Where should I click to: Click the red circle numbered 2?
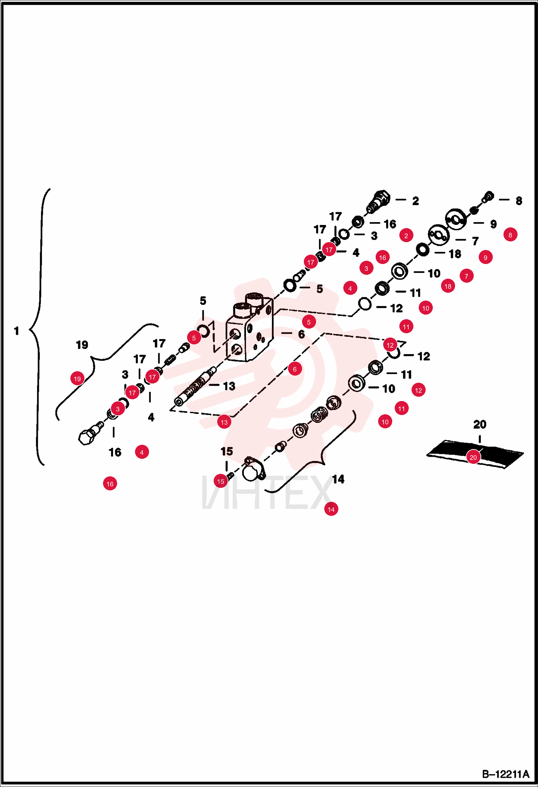coord(406,235)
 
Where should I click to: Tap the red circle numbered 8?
coord(510,235)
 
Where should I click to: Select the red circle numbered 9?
coord(486,257)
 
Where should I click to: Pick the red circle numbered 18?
coord(448,286)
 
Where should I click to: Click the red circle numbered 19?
coord(77,378)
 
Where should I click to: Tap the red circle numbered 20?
coord(473,457)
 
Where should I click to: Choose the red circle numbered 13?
coord(224,422)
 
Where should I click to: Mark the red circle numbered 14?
coord(331,509)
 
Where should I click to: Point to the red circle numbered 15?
coord(221,481)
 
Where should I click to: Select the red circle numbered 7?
coord(467,275)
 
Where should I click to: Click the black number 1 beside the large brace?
coord(17,331)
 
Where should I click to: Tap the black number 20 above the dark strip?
coord(480,424)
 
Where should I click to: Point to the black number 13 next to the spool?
coord(229,386)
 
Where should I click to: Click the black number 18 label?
coord(455,254)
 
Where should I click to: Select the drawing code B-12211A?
coord(506,774)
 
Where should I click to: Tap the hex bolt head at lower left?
coord(86,437)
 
